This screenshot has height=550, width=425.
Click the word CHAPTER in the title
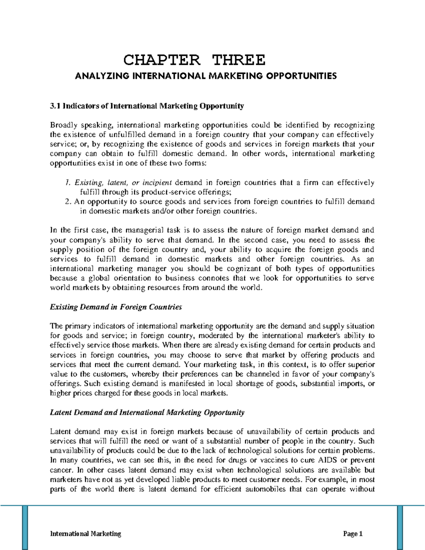coord(161,60)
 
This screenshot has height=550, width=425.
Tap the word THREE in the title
coord(239,60)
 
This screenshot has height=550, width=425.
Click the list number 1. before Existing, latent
coord(68,183)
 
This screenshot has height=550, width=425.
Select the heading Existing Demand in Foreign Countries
coord(116,307)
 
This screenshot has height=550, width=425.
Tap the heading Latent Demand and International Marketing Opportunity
coord(147,413)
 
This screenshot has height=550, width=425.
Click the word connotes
coord(214,278)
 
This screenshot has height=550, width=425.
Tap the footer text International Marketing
coord(86,534)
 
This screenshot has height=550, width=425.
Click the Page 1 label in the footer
coord(353,534)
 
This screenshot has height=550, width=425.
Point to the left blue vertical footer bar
coord(25,528)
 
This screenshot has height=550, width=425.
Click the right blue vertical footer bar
coord(400,528)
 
